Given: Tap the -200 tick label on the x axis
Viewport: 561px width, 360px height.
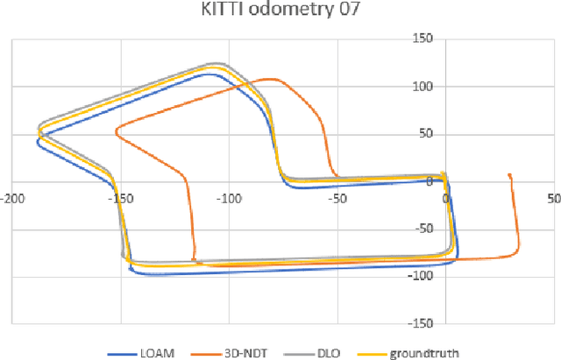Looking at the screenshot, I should pos(11,198).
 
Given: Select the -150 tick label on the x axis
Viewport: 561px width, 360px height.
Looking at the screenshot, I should pos(120,198).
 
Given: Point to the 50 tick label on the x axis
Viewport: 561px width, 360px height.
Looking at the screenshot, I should pos(552,198).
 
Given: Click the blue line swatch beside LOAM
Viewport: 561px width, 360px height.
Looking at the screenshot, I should pos(123,353).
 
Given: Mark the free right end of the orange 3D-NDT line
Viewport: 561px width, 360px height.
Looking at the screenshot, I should pos(510,174).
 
